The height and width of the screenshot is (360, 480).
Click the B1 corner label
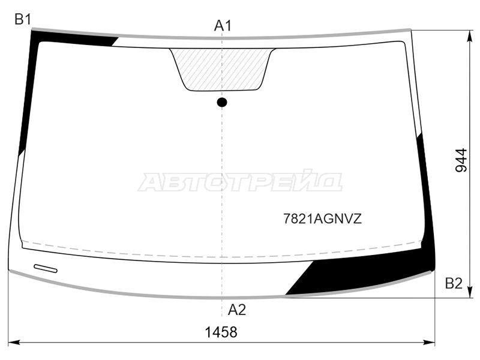23,20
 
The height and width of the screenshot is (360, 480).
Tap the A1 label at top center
223,26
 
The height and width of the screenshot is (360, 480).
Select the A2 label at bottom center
236,310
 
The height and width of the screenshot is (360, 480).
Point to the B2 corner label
454,283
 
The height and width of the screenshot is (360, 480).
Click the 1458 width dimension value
221,332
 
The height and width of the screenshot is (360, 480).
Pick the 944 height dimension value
461,160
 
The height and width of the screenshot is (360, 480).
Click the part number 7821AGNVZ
322,219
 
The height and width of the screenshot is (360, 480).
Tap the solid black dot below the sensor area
222,102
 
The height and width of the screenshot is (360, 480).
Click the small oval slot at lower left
46,268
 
